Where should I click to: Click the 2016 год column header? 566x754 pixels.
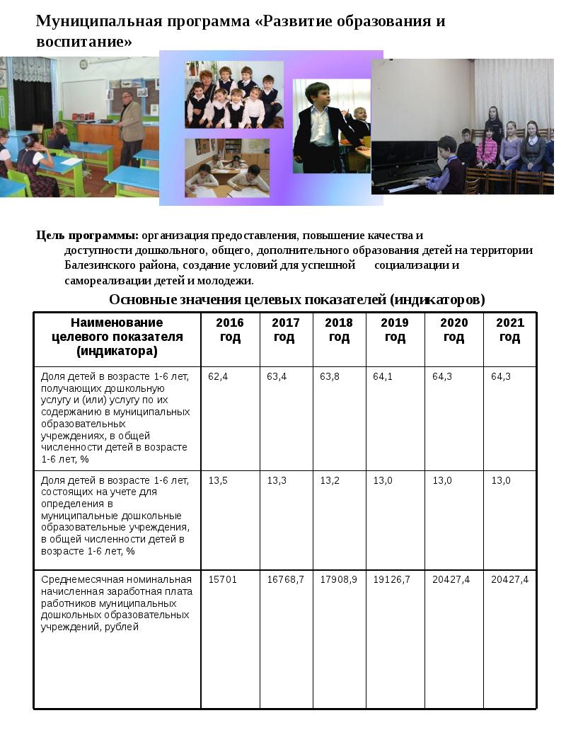click(230, 330)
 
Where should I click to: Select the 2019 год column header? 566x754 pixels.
click(395, 330)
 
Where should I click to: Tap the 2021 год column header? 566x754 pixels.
click(510, 330)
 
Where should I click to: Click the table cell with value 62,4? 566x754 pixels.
click(218, 376)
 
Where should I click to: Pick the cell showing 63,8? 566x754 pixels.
click(330, 376)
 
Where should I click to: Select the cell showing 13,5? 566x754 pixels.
click(218, 480)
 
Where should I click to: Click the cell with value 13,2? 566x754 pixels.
click(330, 480)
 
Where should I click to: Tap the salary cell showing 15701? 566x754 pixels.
click(222, 579)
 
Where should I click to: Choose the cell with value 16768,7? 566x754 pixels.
click(285, 579)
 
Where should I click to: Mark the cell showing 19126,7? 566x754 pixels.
click(392, 579)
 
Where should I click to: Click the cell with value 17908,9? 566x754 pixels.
click(339, 579)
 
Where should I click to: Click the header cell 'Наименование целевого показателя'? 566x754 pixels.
click(117, 336)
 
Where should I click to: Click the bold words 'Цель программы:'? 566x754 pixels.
click(87, 236)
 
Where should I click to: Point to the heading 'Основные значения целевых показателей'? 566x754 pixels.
click(297, 299)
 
